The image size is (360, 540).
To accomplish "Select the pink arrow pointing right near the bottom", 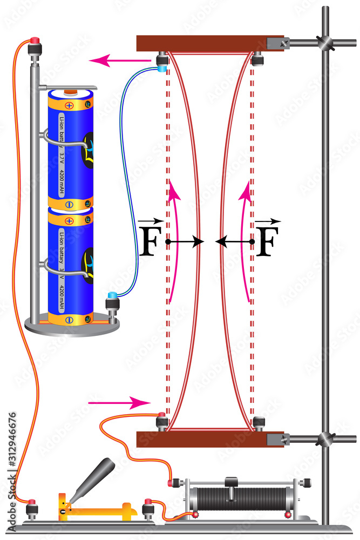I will pos(119,402).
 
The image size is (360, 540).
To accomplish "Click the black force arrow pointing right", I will pos(186,241).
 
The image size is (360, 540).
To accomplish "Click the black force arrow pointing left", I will pos(234,241).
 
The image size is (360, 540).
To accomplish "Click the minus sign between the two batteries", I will pos(69,205).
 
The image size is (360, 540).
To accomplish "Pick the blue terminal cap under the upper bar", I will pos(162,68).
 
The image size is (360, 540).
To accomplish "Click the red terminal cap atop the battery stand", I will pos(36,41).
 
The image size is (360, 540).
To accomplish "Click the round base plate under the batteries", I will pos(72,326).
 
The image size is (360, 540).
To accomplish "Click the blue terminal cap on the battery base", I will pos(112,295).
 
